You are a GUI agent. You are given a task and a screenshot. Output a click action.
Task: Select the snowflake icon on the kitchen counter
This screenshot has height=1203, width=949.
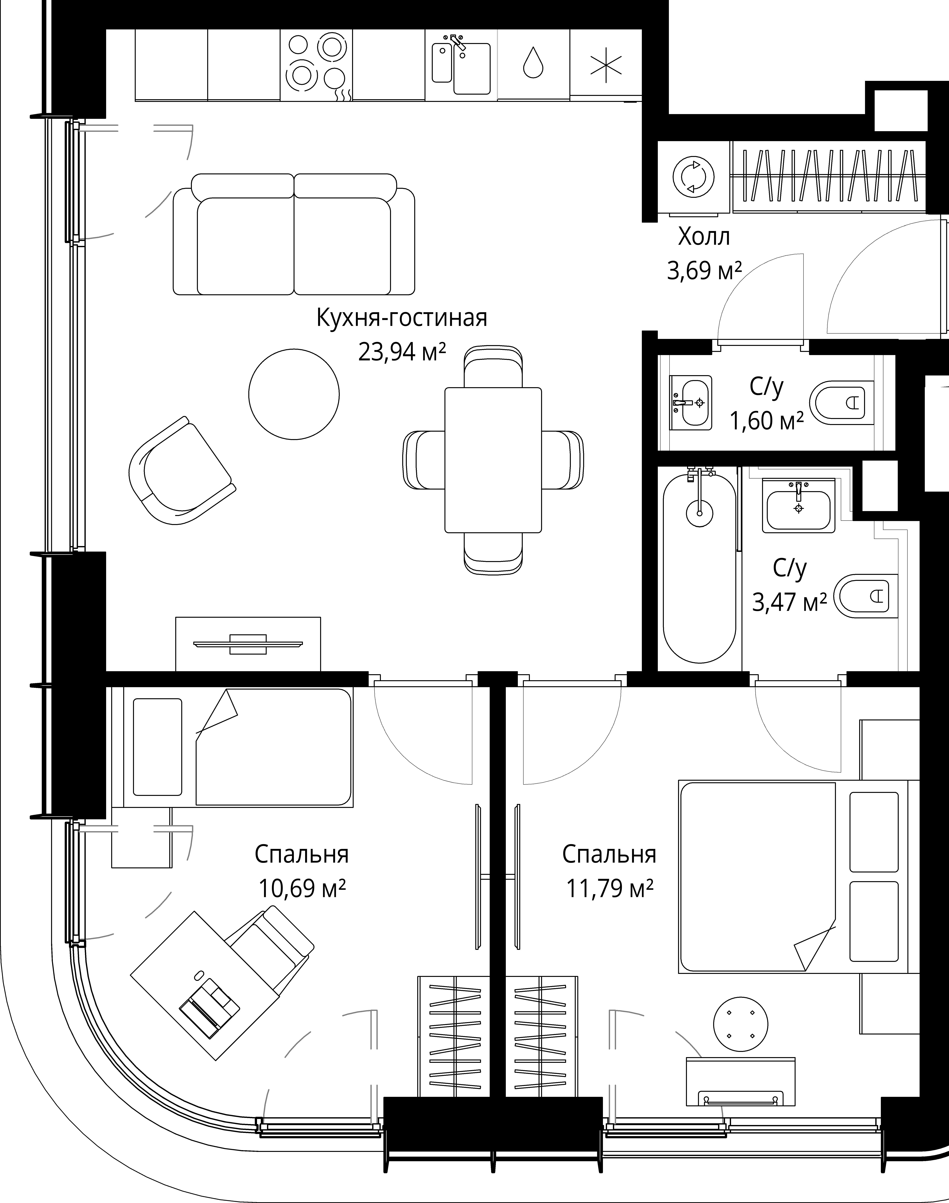pyautogui.click(x=606, y=65)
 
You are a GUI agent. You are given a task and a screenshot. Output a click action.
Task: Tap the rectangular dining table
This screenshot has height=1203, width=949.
pyautogui.click(x=493, y=460)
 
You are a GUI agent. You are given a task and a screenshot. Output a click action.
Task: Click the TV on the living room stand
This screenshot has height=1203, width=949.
pyautogui.click(x=248, y=644)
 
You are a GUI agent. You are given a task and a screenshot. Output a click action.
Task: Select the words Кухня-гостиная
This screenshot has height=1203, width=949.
pyautogui.click(x=402, y=317)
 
